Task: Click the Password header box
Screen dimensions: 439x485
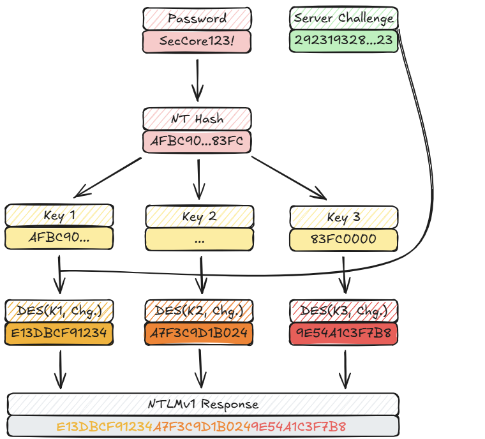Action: click(x=197, y=18)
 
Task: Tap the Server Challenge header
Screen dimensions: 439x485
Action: click(x=343, y=18)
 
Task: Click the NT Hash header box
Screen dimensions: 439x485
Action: click(x=197, y=119)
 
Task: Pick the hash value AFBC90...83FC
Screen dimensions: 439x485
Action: click(x=197, y=142)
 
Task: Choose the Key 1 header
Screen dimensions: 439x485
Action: click(x=59, y=215)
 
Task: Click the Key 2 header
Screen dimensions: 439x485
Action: click(x=199, y=216)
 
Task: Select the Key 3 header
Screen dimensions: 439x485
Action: click(x=343, y=217)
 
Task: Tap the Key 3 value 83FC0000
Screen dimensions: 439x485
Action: click(x=343, y=239)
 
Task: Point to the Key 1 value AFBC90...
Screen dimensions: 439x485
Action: click(x=59, y=238)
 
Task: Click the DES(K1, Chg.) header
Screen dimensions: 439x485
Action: click(x=59, y=311)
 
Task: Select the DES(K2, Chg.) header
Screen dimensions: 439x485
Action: click(x=199, y=311)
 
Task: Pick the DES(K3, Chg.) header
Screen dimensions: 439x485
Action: click(x=343, y=311)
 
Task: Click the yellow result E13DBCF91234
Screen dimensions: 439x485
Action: click(x=59, y=334)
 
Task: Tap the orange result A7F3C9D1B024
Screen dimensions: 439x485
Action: click(x=199, y=334)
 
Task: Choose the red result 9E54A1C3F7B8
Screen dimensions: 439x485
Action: click(x=343, y=334)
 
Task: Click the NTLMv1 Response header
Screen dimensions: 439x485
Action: click(x=203, y=404)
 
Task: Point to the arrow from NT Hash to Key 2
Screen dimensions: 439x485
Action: click(x=198, y=179)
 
